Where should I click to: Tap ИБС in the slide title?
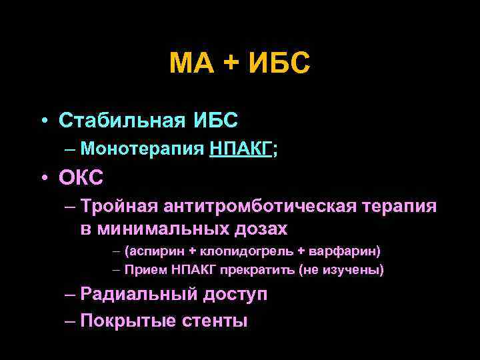coord(279,65)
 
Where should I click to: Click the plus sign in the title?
coord(229,65)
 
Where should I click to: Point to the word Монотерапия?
coord(141,149)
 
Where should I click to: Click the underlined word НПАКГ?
coord(241,149)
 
